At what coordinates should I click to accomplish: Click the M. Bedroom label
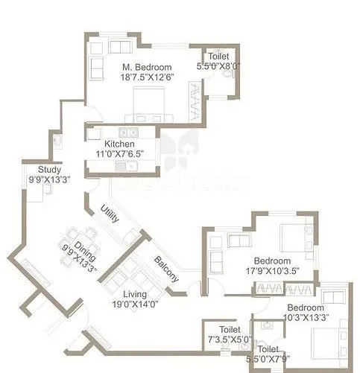tap(148, 66)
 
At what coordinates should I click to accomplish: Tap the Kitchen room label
tap(119, 144)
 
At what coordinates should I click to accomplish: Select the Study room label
tap(29, 169)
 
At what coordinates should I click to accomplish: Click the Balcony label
tap(166, 270)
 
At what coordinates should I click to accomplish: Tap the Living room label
tap(135, 294)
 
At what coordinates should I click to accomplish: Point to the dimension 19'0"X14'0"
tap(135, 304)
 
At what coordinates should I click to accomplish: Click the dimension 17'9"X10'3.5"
tap(272, 270)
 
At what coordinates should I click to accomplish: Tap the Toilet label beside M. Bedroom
tap(218, 57)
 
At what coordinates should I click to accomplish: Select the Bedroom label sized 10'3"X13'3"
tap(306, 307)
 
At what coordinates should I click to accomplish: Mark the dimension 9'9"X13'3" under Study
tap(29, 179)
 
